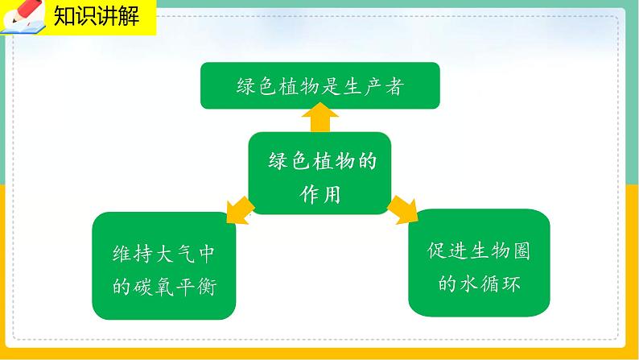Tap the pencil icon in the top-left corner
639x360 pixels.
click(x=23, y=18)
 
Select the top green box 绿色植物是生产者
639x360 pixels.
click(x=319, y=86)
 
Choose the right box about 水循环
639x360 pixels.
click(x=479, y=263)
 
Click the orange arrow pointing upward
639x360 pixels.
click(x=319, y=120)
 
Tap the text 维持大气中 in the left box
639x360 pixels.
click(x=166, y=252)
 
